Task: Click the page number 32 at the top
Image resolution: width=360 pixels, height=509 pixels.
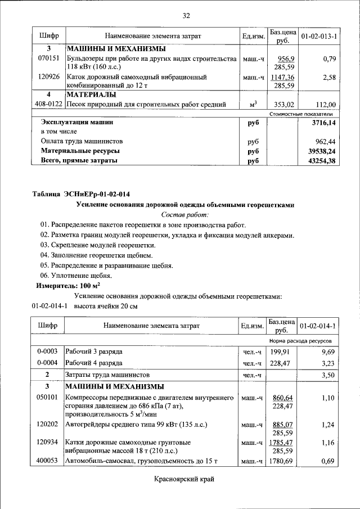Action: (186, 15)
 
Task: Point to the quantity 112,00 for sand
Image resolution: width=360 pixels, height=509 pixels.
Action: (326, 104)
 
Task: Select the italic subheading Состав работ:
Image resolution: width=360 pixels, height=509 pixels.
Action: (184, 215)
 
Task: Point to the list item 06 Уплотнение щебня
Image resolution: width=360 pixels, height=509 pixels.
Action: (76, 276)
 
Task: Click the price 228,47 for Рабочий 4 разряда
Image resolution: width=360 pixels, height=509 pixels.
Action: (281, 363)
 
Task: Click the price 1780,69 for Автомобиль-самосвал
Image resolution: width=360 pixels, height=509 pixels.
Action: (282, 462)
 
